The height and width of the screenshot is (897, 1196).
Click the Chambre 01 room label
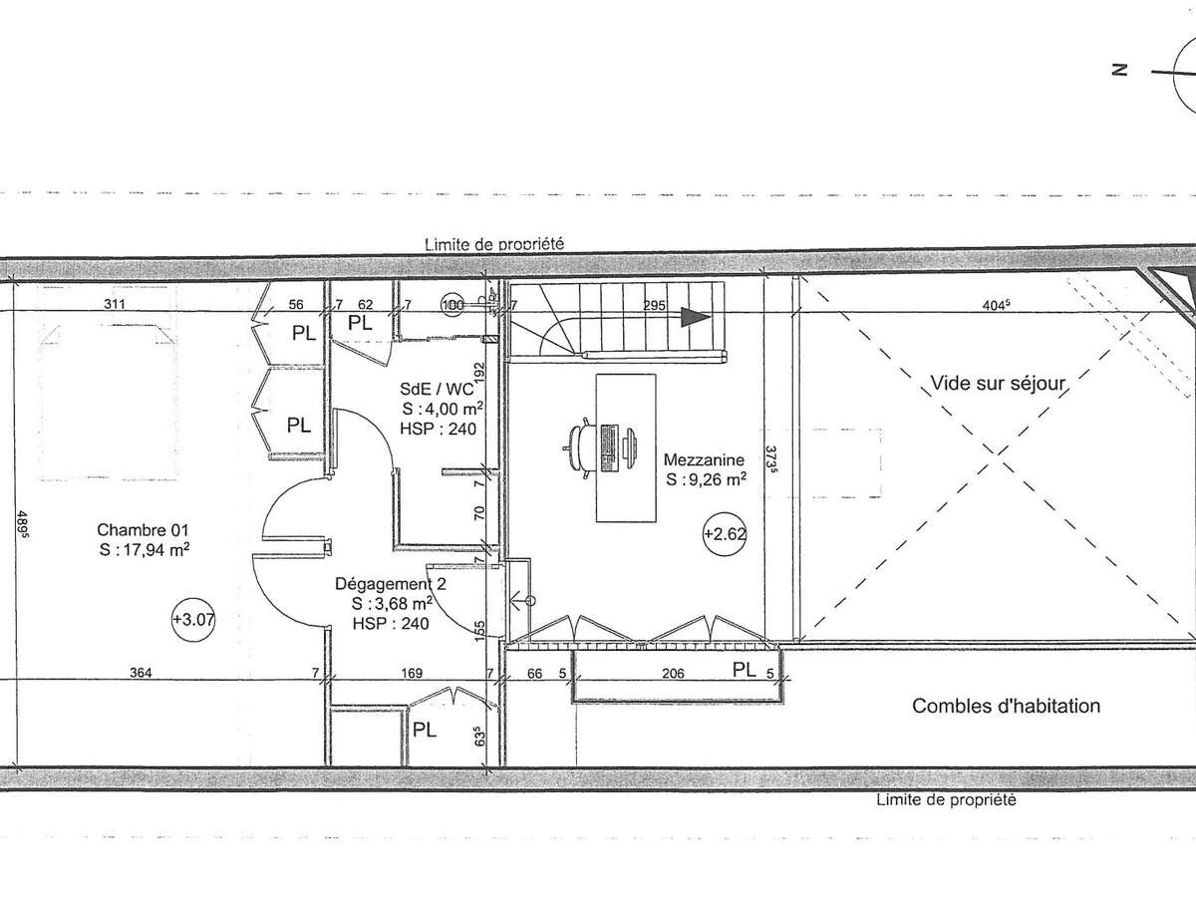pos(143,530)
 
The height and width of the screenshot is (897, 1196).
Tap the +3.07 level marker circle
pos(193,620)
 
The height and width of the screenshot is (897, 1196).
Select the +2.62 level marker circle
pos(725,534)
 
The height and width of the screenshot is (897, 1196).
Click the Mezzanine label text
pos(704,459)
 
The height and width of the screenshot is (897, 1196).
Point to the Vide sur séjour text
pos(998,384)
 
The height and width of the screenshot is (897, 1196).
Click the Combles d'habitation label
pos(1006,707)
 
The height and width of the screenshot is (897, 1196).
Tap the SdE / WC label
pos(437,389)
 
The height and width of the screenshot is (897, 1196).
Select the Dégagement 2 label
pos(390,584)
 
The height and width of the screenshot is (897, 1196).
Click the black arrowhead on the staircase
pos(696,317)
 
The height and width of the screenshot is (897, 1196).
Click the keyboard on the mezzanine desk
pos(608,448)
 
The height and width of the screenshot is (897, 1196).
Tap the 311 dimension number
pos(115,304)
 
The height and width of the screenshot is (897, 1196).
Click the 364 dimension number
pos(141,673)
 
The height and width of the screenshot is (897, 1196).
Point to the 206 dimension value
pos(673,674)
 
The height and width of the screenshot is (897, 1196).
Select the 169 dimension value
pos(412,673)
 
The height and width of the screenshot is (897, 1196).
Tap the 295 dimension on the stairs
pos(654,306)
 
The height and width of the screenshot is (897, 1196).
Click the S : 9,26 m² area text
pos(706,479)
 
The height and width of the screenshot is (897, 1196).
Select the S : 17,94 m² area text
pos(145,550)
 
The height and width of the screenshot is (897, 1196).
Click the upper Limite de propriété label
pos(494,244)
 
